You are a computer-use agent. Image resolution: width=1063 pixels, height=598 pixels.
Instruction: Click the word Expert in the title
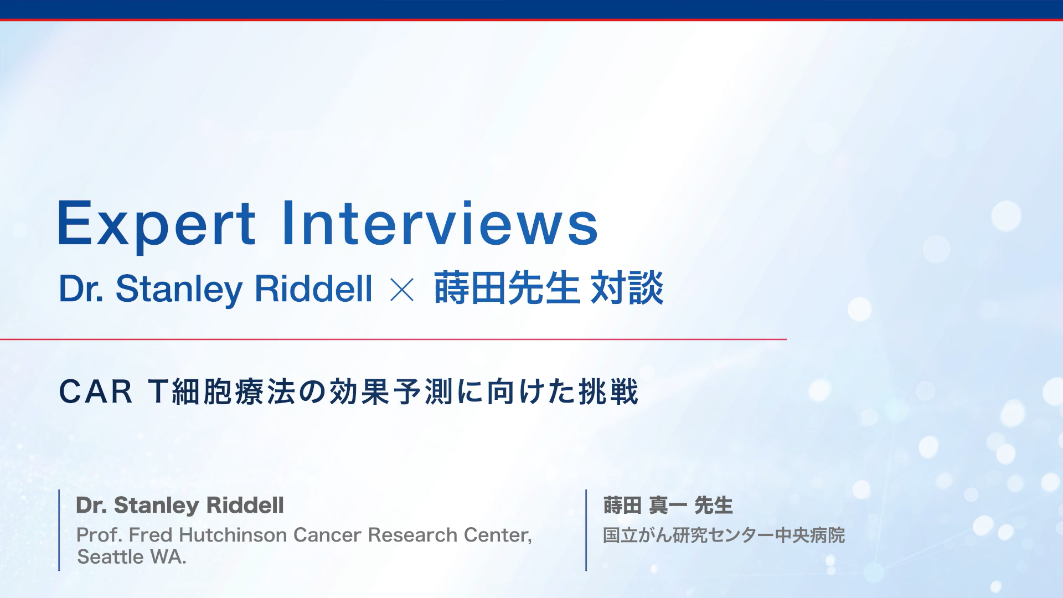[x=157, y=224]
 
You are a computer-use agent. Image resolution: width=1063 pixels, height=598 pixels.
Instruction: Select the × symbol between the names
[x=402, y=290]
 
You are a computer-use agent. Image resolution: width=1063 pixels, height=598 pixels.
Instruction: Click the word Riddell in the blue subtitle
[x=313, y=288]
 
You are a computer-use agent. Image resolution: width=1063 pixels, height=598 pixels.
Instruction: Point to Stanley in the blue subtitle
[x=179, y=290]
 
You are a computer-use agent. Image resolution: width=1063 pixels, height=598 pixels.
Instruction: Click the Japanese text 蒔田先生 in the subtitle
[x=507, y=288]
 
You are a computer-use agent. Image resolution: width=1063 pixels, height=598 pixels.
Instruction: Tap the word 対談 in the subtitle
[x=627, y=288]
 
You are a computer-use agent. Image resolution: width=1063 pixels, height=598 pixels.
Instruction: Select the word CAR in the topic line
[x=96, y=392]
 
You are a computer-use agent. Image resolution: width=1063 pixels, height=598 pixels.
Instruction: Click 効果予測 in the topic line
[x=393, y=392]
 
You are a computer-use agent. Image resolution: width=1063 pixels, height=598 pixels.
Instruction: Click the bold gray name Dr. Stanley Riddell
[x=180, y=505]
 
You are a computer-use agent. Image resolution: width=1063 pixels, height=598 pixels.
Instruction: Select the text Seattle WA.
[x=132, y=557]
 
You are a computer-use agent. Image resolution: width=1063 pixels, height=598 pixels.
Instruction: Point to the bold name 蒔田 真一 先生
[x=668, y=505]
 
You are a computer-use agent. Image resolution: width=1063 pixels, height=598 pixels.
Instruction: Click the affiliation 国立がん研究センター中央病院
[x=724, y=535]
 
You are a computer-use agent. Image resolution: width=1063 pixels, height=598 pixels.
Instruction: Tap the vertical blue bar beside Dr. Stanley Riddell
[x=59, y=530]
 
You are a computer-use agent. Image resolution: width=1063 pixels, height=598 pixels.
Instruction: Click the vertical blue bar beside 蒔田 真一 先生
[x=586, y=530]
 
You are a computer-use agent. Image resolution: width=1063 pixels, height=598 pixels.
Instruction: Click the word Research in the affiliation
[x=412, y=535]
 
